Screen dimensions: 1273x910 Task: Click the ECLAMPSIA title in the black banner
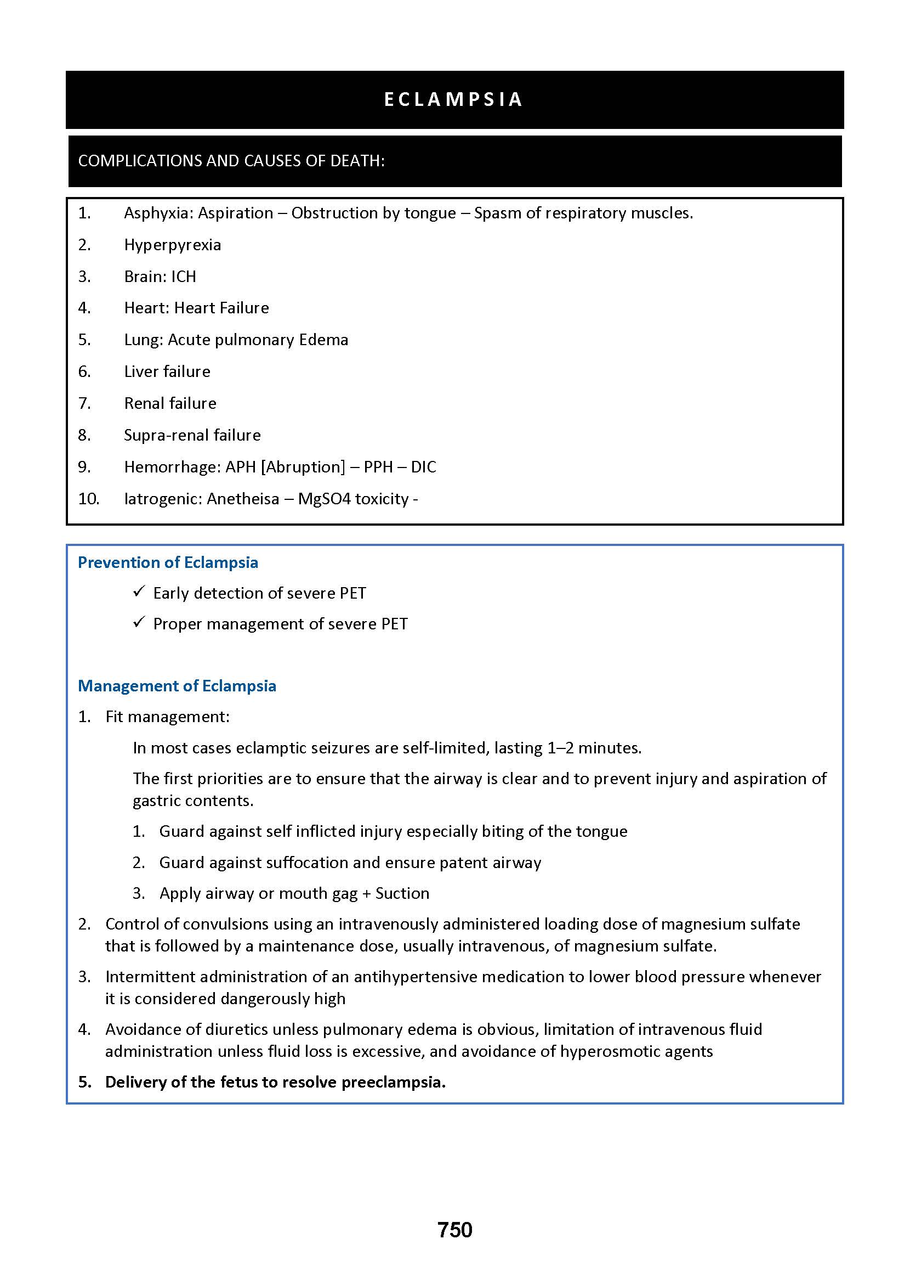point(454,99)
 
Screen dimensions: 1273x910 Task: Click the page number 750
point(454,1229)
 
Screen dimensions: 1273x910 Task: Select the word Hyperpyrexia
point(173,245)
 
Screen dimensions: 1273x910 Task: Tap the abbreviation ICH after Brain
point(184,277)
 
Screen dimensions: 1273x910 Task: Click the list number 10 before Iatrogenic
point(89,499)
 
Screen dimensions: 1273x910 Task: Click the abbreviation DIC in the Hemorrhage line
point(423,467)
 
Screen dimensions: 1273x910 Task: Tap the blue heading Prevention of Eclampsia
point(168,562)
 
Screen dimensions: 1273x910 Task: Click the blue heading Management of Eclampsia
point(177,686)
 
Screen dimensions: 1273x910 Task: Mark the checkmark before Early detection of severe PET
point(139,592)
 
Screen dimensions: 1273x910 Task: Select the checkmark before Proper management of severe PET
point(139,622)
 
